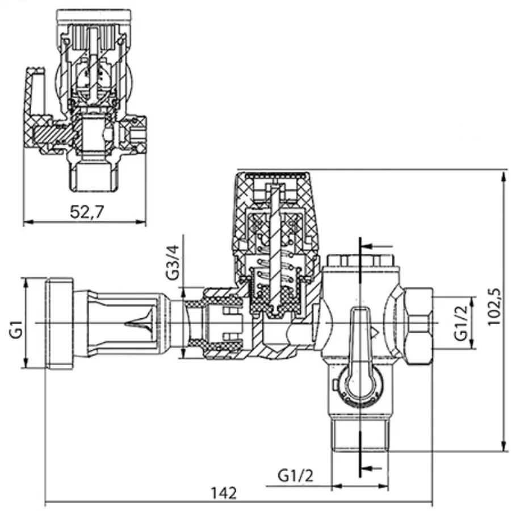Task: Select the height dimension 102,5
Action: [495, 307]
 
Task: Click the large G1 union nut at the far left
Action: [58, 324]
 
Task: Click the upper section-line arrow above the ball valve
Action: [375, 246]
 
